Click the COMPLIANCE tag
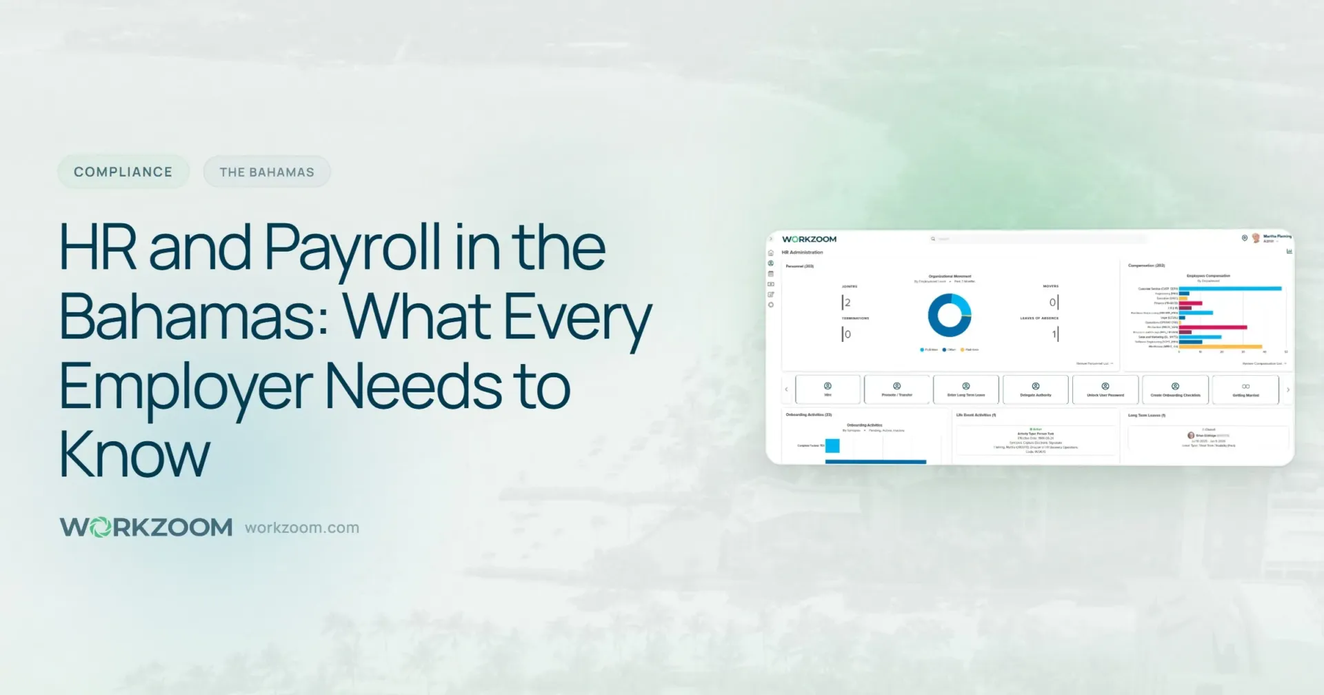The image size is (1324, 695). tap(123, 172)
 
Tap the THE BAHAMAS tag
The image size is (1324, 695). tap(266, 172)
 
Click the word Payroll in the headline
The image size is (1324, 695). tap(352, 249)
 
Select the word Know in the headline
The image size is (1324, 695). tap(134, 455)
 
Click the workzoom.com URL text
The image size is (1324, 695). tap(302, 528)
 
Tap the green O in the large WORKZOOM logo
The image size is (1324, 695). tap(101, 528)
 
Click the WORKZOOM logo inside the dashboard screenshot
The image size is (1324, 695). tap(809, 239)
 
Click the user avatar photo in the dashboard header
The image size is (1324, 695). tap(1256, 238)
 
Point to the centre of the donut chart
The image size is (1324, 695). tap(950, 315)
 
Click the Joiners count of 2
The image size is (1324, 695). tap(847, 303)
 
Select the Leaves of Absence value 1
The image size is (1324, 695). tap(1054, 334)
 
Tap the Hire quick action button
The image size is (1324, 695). tap(827, 390)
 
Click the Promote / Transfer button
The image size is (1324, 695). tap(896, 390)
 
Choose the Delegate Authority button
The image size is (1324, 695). tap(1035, 390)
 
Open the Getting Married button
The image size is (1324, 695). tap(1245, 390)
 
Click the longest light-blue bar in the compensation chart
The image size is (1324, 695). tap(1230, 288)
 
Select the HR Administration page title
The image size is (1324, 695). tap(802, 252)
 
